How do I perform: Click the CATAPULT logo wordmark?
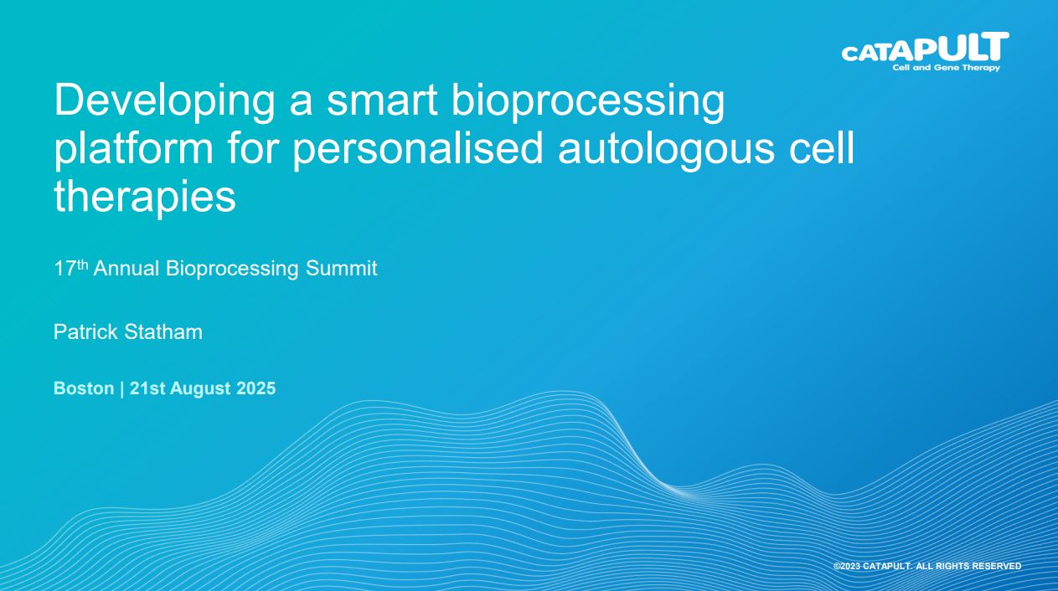tap(925, 47)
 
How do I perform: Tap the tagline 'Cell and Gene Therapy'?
tap(946, 68)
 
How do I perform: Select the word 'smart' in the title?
tap(382, 101)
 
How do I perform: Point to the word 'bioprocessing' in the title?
tap(588, 101)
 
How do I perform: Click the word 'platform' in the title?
tap(134, 149)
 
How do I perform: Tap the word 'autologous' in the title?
tap(667, 149)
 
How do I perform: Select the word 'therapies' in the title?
tap(145, 196)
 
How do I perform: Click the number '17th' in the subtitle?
tap(71, 268)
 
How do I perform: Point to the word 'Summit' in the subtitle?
tap(342, 269)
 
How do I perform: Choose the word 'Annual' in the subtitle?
tap(126, 269)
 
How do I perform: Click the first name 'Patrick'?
tap(85, 331)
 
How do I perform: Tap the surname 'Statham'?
tap(163, 331)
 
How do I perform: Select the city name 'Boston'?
tap(84, 388)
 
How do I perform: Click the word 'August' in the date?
tap(200, 388)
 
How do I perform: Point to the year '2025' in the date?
tap(256, 388)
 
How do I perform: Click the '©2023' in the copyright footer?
tap(847, 566)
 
